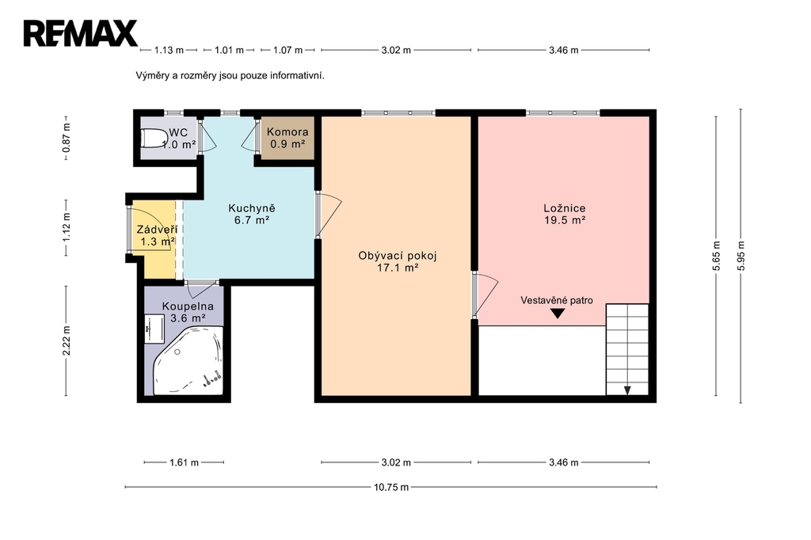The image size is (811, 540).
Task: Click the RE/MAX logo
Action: (x=80, y=33)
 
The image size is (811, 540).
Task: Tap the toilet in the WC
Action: (x=154, y=139)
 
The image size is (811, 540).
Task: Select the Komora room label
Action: (x=287, y=138)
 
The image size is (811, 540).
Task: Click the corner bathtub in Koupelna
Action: (x=188, y=360)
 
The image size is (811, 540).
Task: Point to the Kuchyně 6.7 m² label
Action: (x=252, y=214)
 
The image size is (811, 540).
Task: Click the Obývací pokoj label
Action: (x=398, y=261)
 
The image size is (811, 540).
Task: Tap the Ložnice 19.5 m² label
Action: (x=564, y=214)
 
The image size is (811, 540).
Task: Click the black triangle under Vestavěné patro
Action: (x=557, y=314)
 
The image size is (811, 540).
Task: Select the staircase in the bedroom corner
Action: (x=627, y=350)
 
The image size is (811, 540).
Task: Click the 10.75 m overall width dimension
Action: (x=391, y=487)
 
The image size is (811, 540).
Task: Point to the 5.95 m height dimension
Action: (x=741, y=256)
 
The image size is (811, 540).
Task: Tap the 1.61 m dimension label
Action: (x=184, y=462)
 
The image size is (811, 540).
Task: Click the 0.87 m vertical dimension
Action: (x=66, y=139)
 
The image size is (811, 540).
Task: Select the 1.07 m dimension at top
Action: (x=287, y=50)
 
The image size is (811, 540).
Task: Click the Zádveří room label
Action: (x=156, y=235)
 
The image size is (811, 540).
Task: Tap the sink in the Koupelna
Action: (x=154, y=329)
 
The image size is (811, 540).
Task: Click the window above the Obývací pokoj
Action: (x=398, y=112)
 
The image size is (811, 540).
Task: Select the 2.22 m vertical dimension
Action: (x=66, y=340)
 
